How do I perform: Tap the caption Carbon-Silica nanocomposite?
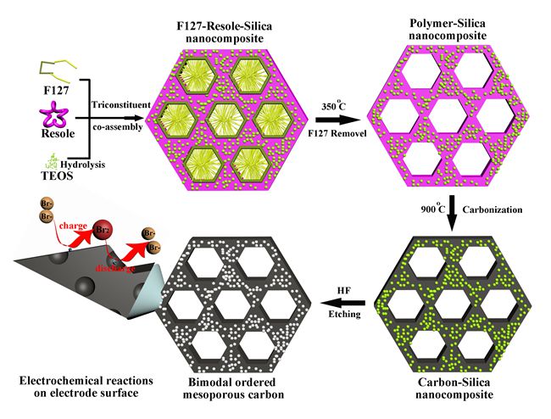(451, 389)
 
